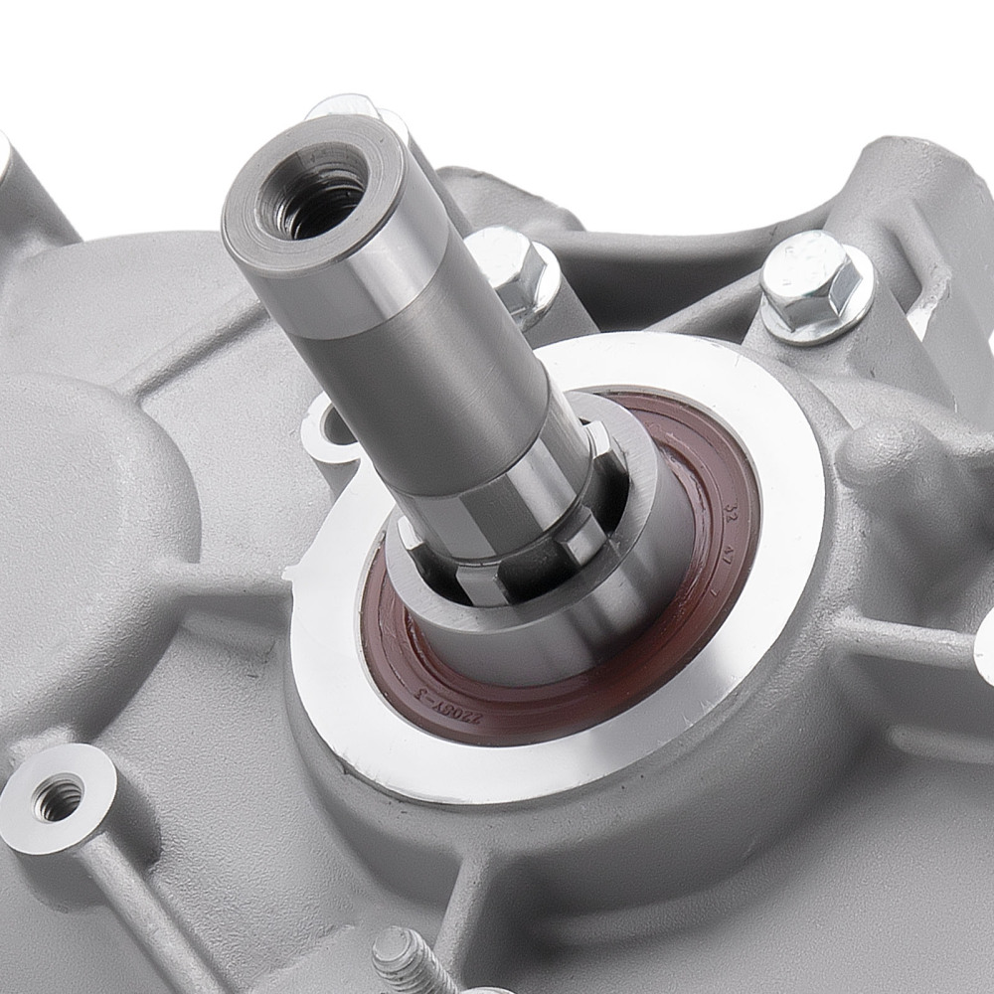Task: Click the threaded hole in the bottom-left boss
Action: (58, 796)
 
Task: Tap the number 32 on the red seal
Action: (733, 514)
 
